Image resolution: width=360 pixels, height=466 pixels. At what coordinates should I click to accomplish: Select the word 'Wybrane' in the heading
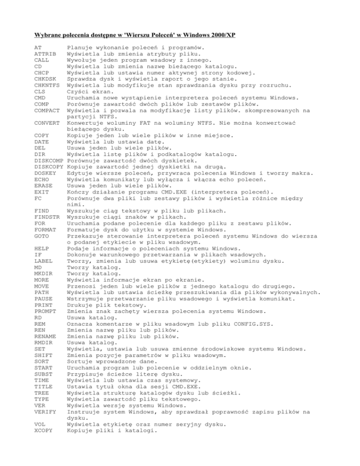tap(51, 34)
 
